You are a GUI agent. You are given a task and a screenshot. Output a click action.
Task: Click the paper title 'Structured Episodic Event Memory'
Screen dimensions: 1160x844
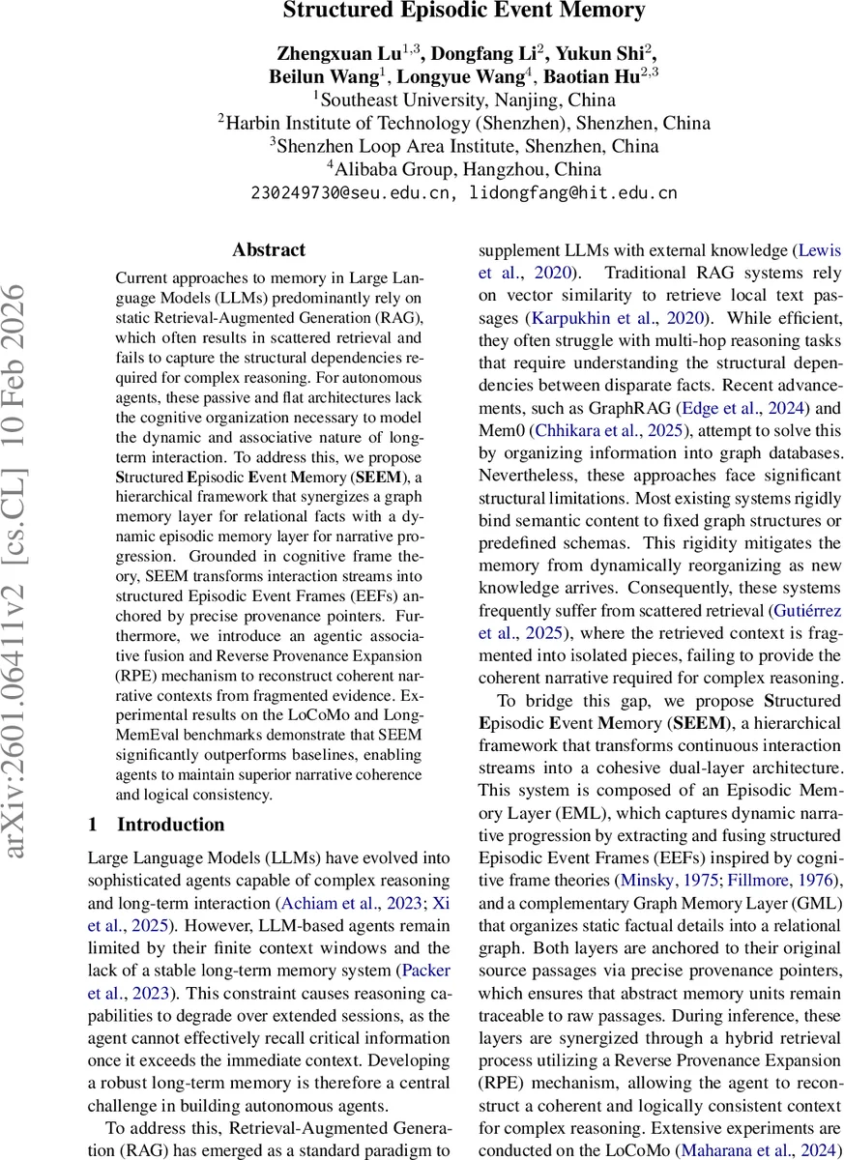pyautogui.click(x=464, y=12)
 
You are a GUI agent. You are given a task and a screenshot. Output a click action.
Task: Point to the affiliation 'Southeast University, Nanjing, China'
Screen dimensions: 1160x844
pyautogui.click(x=464, y=100)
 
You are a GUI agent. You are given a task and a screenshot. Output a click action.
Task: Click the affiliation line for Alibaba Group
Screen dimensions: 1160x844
pyautogui.click(x=464, y=170)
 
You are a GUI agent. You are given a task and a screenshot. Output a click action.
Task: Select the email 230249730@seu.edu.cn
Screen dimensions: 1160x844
pyautogui.click(x=353, y=192)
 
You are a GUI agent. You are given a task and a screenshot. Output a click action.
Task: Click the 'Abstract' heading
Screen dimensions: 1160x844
pyautogui.click(x=269, y=249)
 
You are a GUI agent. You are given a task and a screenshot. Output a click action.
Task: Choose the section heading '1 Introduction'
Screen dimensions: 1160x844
pyautogui.click(x=157, y=825)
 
